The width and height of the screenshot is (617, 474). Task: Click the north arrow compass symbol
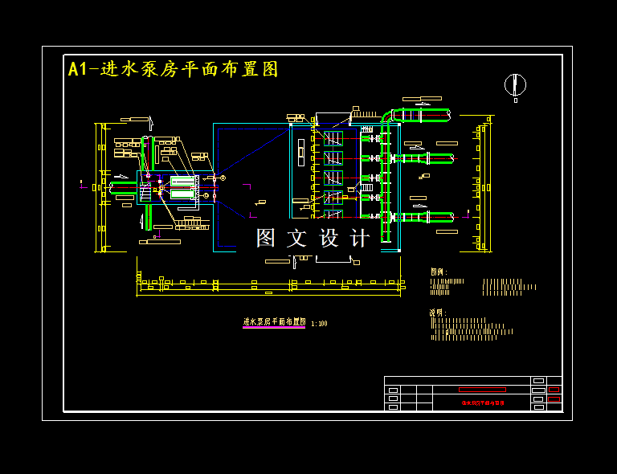[x=515, y=85]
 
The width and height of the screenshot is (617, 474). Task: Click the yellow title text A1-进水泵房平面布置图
[x=174, y=69]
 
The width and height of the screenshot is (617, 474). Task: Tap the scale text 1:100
[x=319, y=324]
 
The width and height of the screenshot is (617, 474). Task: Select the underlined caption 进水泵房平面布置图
[x=274, y=321]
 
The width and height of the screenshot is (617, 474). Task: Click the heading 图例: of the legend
[x=439, y=272]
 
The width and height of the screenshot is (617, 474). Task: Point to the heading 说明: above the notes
[x=438, y=313]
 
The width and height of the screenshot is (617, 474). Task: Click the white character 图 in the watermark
[x=266, y=238]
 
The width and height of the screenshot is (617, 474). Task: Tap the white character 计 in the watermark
[x=361, y=238]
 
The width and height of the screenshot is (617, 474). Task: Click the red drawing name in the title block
[x=483, y=402]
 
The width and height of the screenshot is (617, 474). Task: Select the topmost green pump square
[x=333, y=137]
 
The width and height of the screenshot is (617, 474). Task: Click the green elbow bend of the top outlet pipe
[x=387, y=118]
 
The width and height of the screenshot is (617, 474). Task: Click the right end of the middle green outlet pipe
[x=450, y=158]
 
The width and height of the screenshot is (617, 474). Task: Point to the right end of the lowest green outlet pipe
[x=452, y=216]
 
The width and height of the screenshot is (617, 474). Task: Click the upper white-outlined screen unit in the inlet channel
[x=183, y=181]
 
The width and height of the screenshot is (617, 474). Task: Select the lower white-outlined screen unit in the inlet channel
[x=183, y=194]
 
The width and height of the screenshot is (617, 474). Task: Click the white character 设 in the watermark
[x=329, y=238]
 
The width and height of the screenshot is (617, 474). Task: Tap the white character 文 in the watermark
[x=297, y=238]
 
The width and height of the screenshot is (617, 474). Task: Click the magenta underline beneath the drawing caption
[x=274, y=327]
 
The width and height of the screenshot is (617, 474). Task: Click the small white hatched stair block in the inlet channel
[x=145, y=193]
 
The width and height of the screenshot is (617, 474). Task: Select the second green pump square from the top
[x=333, y=157]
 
